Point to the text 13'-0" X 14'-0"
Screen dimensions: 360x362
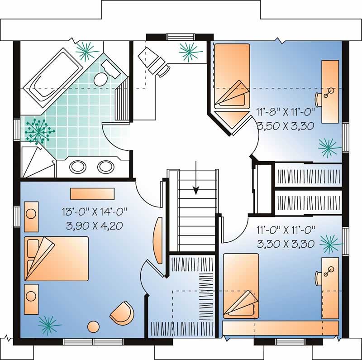point(95,211)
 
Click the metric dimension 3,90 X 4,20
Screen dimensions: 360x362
point(95,225)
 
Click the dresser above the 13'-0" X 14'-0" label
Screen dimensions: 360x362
point(92,194)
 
